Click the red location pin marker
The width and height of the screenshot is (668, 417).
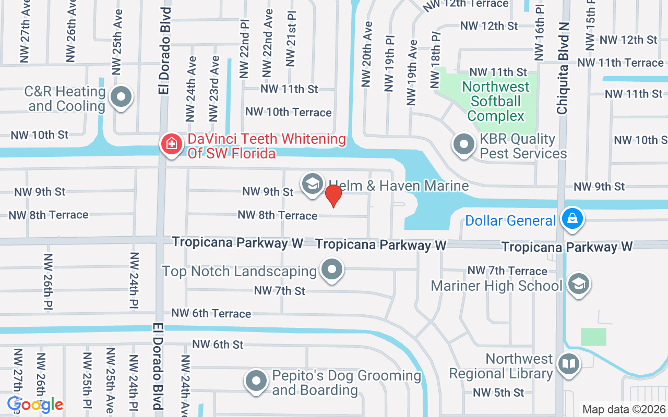tap(333, 195)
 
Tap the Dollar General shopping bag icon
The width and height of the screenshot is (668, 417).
tap(572, 219)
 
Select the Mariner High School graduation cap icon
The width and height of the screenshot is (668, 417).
tap(579, 284)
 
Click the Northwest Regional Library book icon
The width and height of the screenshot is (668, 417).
tap(568, 364)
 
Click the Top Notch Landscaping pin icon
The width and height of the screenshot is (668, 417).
tap(331, 270)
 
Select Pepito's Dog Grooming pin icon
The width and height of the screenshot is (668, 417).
tap(256, 381)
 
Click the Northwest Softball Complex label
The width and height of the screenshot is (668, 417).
tap(495, 101)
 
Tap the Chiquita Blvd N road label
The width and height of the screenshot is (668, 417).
tap(563, 68)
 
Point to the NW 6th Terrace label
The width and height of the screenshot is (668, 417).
tap(211, 313)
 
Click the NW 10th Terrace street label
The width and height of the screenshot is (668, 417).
tap(289, 112)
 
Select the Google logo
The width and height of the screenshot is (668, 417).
tap(35, 404)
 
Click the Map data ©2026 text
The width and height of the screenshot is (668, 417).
tap(624, 410)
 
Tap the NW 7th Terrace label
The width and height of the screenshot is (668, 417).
tap(507, 271)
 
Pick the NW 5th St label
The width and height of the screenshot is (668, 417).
tap(498, 393)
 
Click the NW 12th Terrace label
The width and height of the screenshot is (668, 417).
tap(466, 5)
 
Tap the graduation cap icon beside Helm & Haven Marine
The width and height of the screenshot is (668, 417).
tap(312, 183)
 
